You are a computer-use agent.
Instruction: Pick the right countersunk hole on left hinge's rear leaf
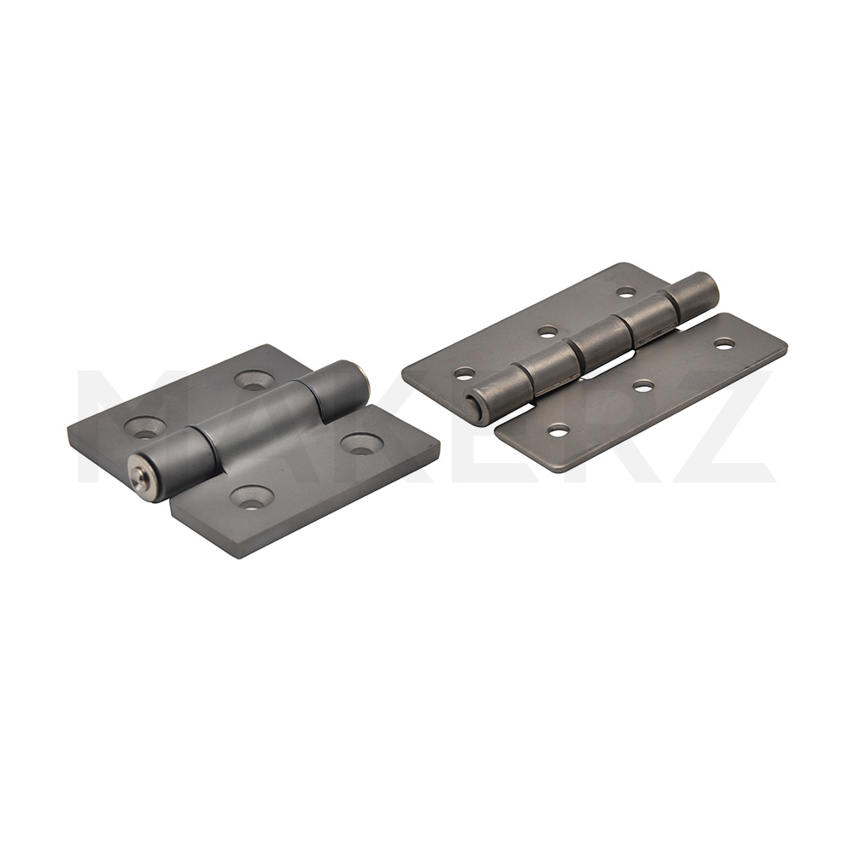(254, 380)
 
